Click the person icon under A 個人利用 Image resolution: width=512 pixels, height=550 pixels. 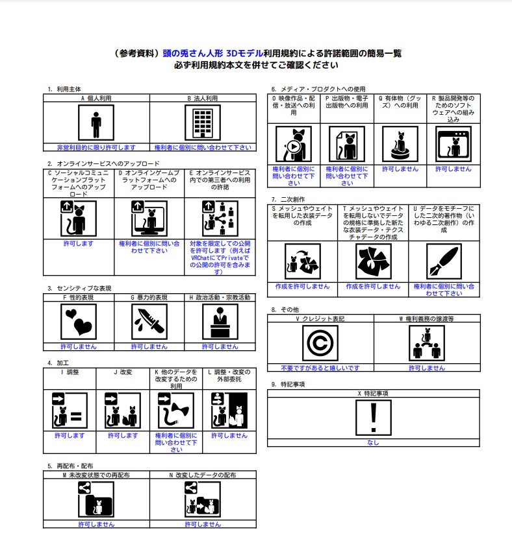click(96, 123)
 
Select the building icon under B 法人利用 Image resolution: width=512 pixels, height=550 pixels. click(203, 123)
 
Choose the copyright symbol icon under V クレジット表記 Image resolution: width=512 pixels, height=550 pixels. click(320, 343)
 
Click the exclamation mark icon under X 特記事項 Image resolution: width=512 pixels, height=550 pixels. click(373, 418)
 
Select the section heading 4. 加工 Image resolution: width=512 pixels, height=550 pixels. click(58, 363)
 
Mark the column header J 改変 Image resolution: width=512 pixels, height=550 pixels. click(123, 372)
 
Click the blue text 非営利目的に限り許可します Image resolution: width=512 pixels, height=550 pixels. click(96, 147)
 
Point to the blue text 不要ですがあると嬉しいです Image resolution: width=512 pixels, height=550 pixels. click(320, 368)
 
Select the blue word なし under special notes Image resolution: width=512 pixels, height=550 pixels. click(373, 442)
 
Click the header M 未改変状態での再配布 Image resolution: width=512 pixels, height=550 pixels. click(96, 475)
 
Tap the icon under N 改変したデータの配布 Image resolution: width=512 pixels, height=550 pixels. click(203, 500)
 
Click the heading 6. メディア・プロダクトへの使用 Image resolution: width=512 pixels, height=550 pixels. click(318, 89)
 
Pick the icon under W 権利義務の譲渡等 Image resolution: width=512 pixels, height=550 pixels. click(427, 343)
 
